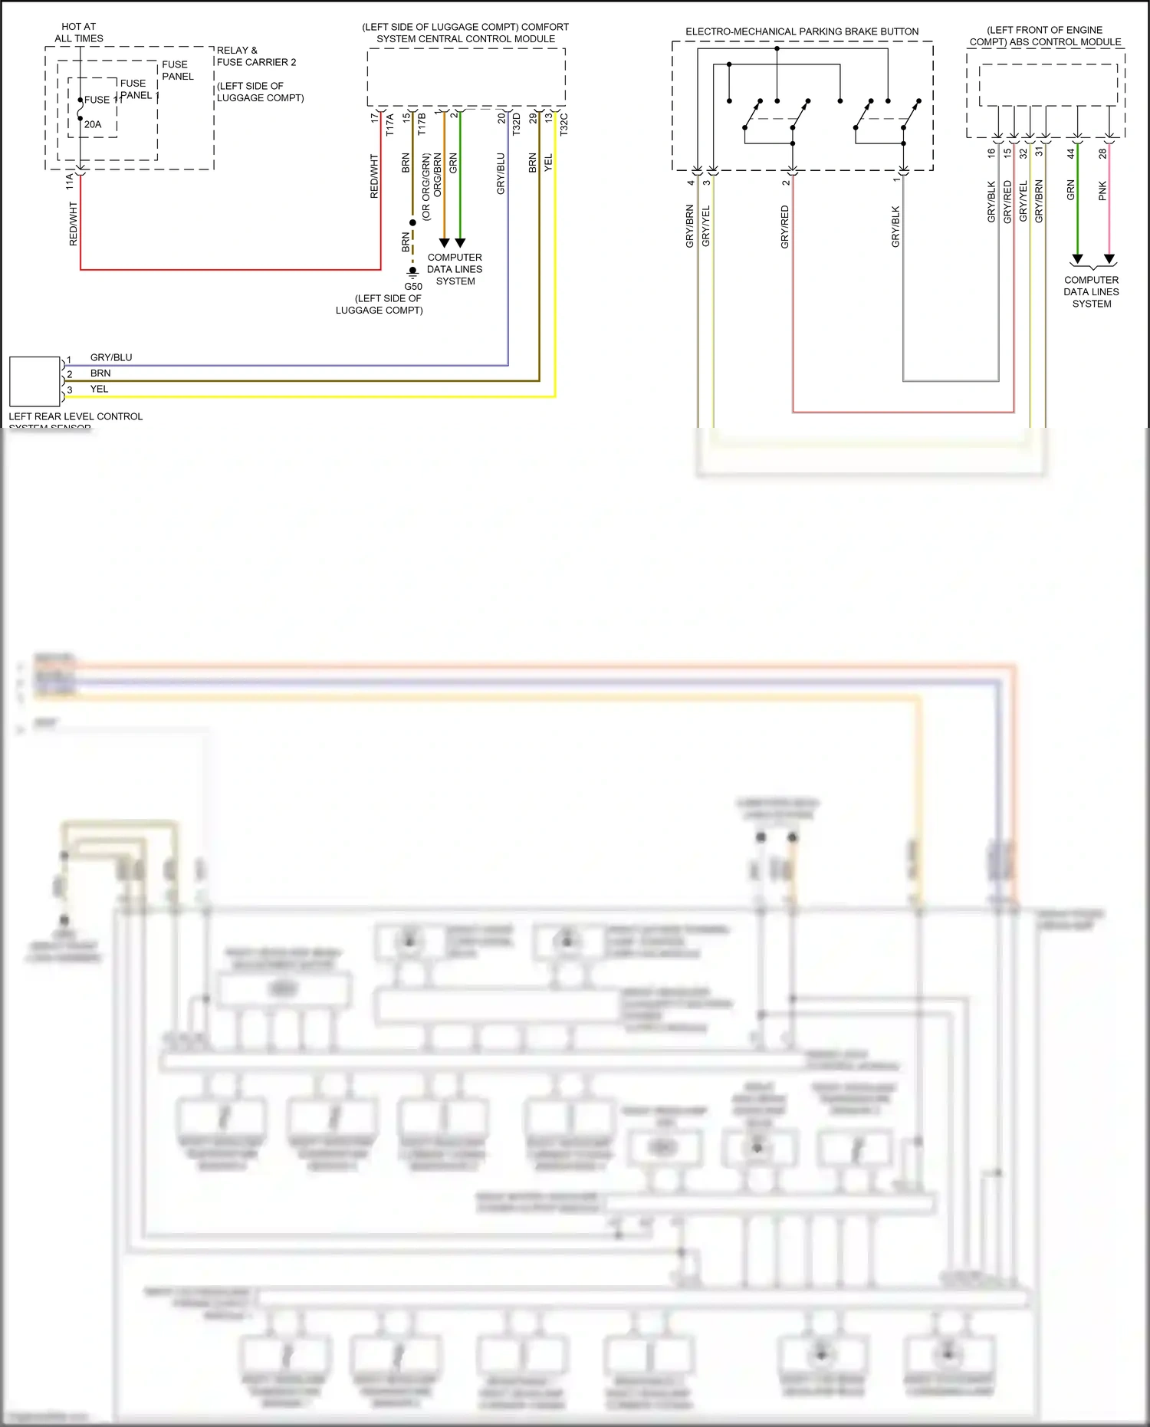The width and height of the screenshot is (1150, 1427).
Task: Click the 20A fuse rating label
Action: pos(93,124)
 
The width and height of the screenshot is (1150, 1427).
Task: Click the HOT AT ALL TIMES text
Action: pos(78,32)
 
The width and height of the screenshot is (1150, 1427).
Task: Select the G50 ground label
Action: pos(413,287)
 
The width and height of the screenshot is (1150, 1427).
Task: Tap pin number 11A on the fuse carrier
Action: pos(70,181)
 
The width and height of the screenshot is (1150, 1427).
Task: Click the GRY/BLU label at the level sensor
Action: pos(111,357)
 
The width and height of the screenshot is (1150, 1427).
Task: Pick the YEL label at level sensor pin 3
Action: pos(100,389)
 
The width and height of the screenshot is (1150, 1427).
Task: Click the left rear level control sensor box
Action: pos(34,381)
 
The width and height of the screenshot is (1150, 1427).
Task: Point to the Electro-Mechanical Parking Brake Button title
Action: pos(802,31)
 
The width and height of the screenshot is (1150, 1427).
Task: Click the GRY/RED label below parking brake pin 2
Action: pos(784,227)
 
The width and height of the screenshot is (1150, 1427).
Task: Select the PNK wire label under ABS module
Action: pos(1102,191)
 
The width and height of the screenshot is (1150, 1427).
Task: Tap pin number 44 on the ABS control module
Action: pos(1071,153)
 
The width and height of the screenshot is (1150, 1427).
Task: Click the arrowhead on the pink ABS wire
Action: pos(1109,259)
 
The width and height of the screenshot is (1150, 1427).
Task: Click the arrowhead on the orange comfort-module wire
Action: pos(444,243)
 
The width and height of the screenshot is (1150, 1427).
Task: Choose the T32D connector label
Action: pos(517,124)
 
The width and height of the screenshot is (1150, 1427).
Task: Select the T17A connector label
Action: pos(389,125)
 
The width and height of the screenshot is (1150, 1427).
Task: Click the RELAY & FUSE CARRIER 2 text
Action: pos(256,56)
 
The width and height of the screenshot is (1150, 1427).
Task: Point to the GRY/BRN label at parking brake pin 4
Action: pos(689,225)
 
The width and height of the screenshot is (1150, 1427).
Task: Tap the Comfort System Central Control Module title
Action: pos(465,32)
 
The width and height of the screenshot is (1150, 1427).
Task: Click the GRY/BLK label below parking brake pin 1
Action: pos(895,227)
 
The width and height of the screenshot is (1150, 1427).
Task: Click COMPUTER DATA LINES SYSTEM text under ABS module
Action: pos(1091,291)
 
